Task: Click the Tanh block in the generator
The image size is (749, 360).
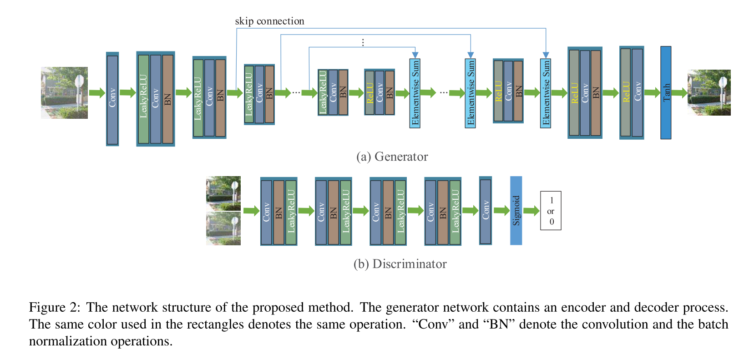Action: pos(665,92)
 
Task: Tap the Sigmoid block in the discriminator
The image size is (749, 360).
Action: pos(516,210)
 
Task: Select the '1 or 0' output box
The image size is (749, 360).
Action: pos(551,211)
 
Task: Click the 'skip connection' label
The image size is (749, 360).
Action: pos(269,21)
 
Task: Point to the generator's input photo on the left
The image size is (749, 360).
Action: pos(64,93)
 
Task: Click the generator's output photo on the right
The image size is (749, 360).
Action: pos(709,92)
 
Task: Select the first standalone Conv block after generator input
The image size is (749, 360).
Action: pos(112,99)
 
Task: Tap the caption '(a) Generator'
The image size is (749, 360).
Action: pos(392,157)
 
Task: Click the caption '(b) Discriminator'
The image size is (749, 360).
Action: pos(400,264)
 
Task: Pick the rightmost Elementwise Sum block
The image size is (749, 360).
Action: pos(546,93)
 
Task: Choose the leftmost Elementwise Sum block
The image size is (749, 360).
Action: pos(415,93)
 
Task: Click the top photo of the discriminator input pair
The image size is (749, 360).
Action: pos(223,193)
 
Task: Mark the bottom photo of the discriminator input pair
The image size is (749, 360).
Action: pos(223,228)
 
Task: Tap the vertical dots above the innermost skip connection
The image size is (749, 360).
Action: pos(363,42)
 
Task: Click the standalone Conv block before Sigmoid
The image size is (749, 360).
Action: pos(485,211)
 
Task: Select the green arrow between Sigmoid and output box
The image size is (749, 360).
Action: pos(531,211)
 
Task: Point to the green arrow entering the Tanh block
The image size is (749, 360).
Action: pos(652,93)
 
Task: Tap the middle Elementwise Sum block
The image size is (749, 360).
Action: pos(471,93)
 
